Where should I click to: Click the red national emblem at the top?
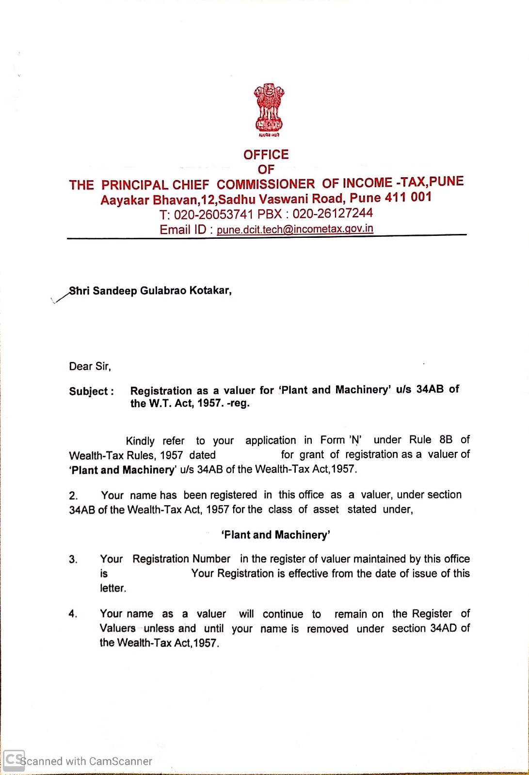pyautogui.click(x=269, y=109)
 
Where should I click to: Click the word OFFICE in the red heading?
pyautogui.click(x=266, y=155)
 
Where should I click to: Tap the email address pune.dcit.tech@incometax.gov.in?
pyautogui.click(x=295, y=229)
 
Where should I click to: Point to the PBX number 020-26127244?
pyautogui.click(x=333, y=213)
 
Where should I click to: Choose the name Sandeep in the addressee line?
pyautogui.click(x=114, y=291)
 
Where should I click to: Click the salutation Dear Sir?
pyautogui.click(x=90, y=366)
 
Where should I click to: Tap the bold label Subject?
pyautogui.click(x=91, y=391)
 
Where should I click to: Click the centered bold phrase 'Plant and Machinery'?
pyautogui.click(x=275, y=535)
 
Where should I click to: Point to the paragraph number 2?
pyautogui.click(x=73, y=496)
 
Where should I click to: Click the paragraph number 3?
pyautogui.click(x=73, y=559)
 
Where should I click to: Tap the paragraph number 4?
pyautogui.click(x=73, y=614)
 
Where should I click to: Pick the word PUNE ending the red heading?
pyautogui.click(x=446, y=182)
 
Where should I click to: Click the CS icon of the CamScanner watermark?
pyautogui.click(x=14, y=760)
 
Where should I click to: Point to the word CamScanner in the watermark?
pyautogui.click(x=121, y=761)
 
